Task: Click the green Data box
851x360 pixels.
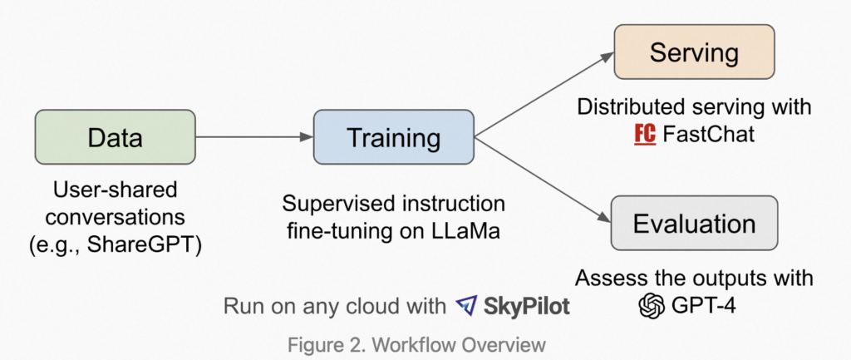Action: pyautogui.click(x=115, y=137)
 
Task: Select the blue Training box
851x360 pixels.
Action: pyautogui.click(x=393, y=137)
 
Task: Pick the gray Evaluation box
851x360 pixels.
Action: pyautogui.click(x=694, y=224)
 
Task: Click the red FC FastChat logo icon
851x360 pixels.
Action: pyautogui.click(x=644, y=133)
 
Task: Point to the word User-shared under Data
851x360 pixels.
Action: pyautogui.click(x=115, y=190)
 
